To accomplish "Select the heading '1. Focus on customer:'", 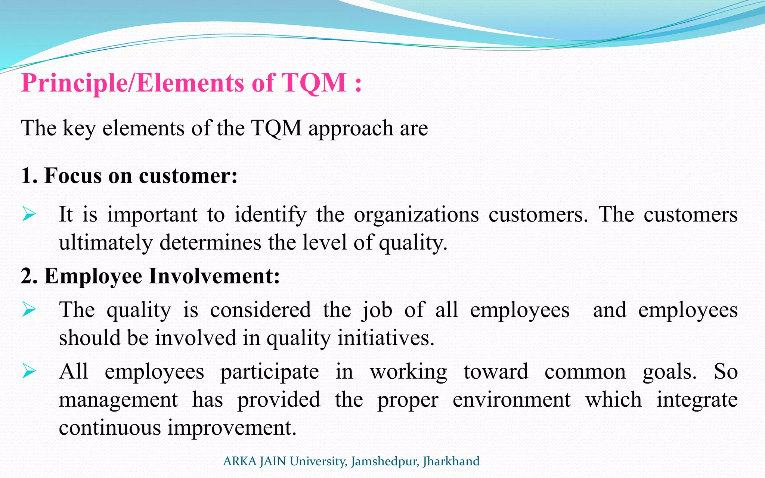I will [x=129, y=176].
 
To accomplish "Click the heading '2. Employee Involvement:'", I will [x=151, y=276].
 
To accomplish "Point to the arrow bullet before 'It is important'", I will [x=29, y=214].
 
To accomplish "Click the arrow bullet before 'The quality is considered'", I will [x=29, y=310].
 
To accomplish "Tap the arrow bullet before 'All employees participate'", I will [x=29, y=371].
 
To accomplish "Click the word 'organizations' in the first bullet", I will [x=416, y=215].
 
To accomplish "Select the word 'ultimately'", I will [x=106, y=243].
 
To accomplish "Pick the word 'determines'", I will [x=210, y=243].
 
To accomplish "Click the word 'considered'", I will [x=260, y=310].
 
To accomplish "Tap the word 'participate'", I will [x=269, y=372].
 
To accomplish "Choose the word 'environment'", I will [x=511, y=400].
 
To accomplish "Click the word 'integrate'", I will [x=697, y=400].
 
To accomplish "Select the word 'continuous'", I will [x=109, y=428].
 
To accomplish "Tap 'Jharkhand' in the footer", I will [x=451, y=462].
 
